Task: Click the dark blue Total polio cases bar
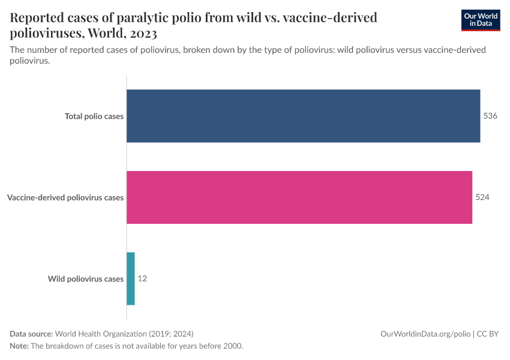click(x=303, y=116)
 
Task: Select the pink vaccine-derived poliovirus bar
click(x=299, y=197)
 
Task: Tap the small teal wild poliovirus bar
click(x=131, y=278)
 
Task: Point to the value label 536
click(x=490, y=116)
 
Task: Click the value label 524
click(x=482, y=197)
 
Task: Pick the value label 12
click(x=142, y=278)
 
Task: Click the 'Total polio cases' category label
click(x=94, y=116)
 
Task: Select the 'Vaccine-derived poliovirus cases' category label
click(x=65, y=197)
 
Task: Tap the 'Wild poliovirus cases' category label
click(x=86, y=279)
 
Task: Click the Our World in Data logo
click(x=481, y=20)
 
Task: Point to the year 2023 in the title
click(x=142, y=33)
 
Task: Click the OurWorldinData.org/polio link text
click(x=425, y=334)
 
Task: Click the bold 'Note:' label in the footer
click(x=19, y=346)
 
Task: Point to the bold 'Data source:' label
click(x=31, y=334)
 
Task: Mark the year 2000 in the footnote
click(x=231, y=346)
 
